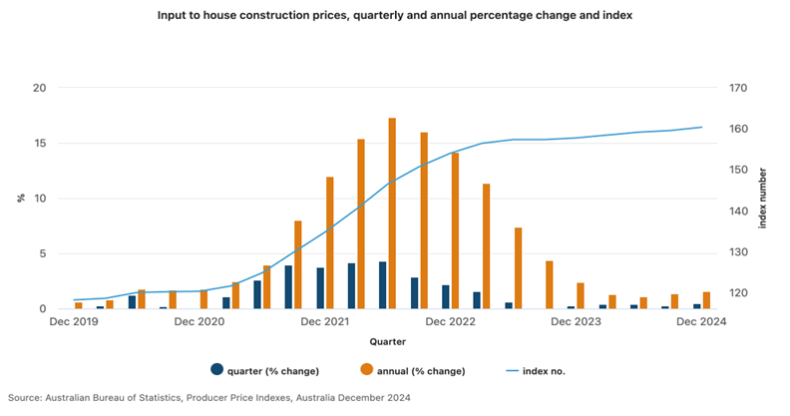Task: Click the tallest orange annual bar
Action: (392, 213)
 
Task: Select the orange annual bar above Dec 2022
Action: (456, 230)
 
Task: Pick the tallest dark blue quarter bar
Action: (382, 285)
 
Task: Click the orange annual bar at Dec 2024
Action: (707, 300)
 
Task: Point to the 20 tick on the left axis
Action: (40, 88)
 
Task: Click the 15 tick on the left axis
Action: (40, 144)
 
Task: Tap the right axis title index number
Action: (764, 198)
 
